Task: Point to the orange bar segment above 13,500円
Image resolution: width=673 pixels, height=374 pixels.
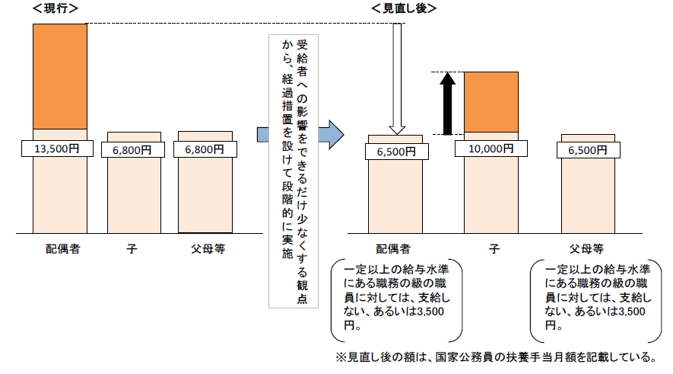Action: pyautogui.click(x=59, y=76)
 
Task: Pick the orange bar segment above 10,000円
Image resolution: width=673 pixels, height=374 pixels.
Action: pyautogui.click(x=490, y=102)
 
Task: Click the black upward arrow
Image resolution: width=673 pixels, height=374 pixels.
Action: pyautogui.click(x=448, y=103)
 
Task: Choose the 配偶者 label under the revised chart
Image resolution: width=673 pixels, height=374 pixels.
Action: pyautogui.click(x=394, y=248)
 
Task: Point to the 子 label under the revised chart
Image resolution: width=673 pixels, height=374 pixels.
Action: pyautogui.click(x=493, y=248)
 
